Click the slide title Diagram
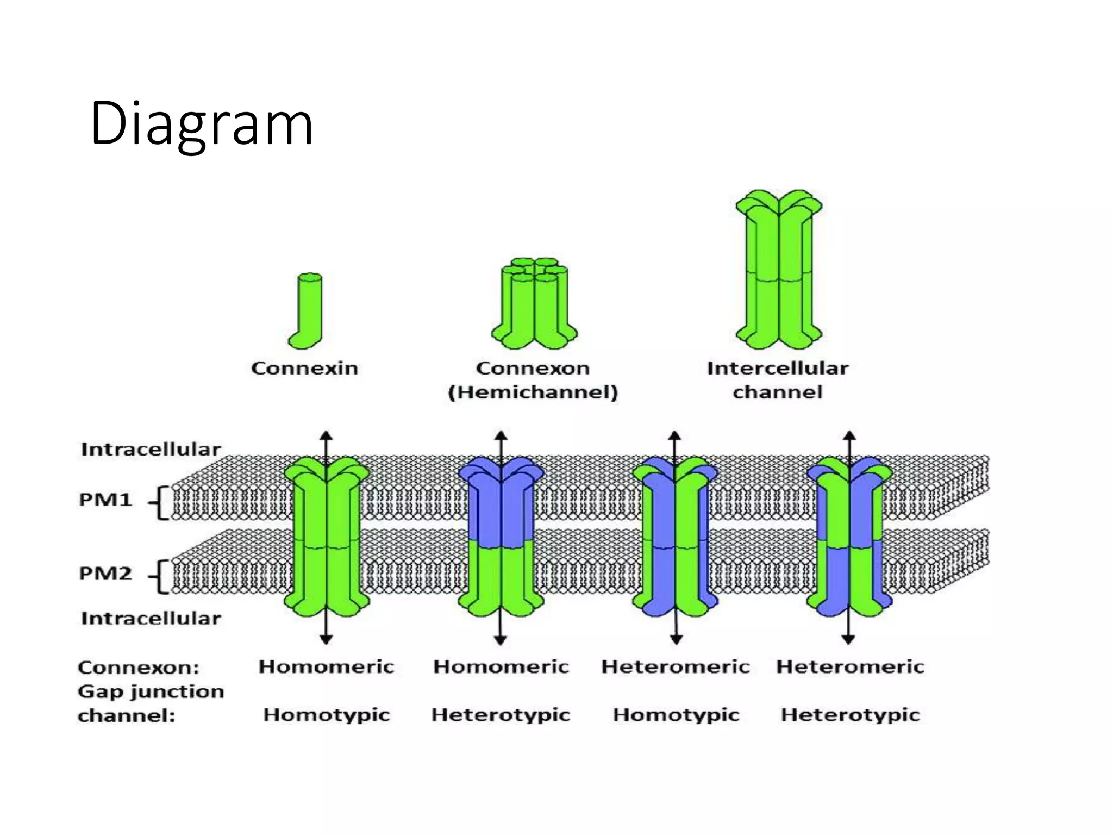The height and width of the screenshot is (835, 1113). [202, 124]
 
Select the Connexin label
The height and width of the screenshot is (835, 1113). [304, 369]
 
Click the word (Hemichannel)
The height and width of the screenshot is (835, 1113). [533, 392]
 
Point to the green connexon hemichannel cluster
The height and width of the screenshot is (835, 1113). [534, 304]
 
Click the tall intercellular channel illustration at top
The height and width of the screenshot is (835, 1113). [779, 269]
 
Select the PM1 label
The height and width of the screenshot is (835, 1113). [105, 500]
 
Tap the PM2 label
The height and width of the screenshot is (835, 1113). [105, 574]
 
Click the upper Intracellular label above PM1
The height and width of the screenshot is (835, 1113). [151, 450]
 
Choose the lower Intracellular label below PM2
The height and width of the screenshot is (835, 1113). [151, 618]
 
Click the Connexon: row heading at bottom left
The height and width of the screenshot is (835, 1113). [139, 668]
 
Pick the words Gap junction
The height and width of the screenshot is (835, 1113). [151, 691]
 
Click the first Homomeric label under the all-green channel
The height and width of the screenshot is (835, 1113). [326, 667]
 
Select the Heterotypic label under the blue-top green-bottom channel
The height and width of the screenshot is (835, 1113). [501, 715]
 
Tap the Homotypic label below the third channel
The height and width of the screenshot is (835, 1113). [676, 715]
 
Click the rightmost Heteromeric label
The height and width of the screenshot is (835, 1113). [850, 667]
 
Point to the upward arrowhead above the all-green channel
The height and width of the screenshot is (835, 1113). [326, 435]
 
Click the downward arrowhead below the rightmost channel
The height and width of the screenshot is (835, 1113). [849, 640]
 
